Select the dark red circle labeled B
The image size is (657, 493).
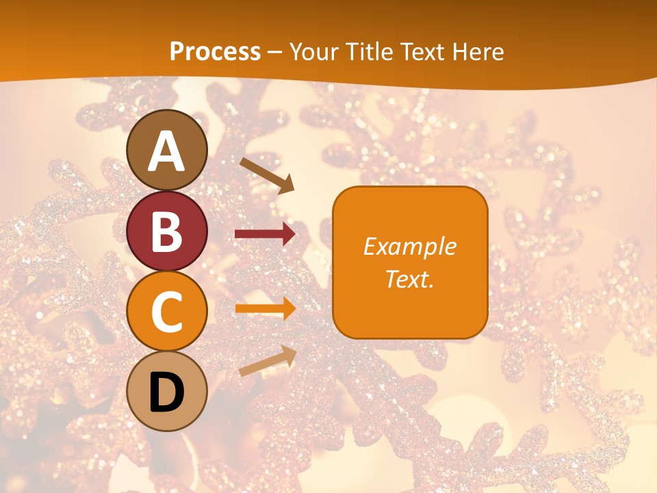point(167,231)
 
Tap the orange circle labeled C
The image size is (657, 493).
point(167,311)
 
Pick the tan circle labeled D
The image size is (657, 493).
point(167,391)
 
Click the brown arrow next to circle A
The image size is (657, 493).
point(266,175)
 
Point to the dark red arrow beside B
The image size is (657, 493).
point(265,234)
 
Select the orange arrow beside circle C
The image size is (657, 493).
point(265,309)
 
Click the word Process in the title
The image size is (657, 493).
point(215,51)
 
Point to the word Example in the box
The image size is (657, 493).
point(409,246)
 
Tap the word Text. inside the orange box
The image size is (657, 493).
point(409,279)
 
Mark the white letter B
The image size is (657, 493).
point(167,232)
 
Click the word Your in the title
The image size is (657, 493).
point(312,51)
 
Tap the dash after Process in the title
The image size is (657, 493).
point(275,52)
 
